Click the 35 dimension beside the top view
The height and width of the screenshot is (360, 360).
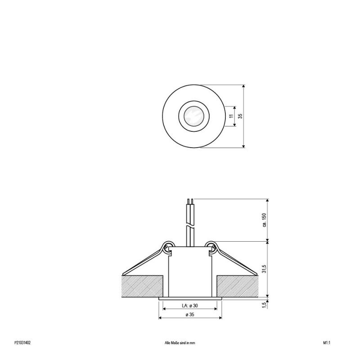point(241,116)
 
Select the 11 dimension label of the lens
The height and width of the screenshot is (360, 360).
point(231,116)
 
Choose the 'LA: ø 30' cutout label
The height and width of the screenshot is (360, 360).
point(189,306)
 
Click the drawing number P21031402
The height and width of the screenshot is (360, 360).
point(22,342)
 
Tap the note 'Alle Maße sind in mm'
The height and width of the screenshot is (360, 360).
point(180,342)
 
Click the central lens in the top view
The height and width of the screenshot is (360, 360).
point(193,116)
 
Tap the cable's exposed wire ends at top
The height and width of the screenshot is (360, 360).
point(191,201)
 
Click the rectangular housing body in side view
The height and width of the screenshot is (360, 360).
point(189,272)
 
